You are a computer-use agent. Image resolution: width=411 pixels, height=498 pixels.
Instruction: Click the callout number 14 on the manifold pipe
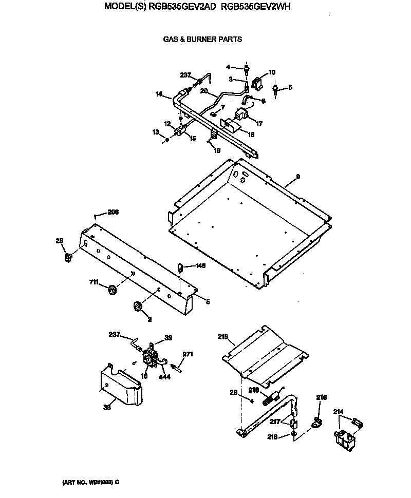[159, 94]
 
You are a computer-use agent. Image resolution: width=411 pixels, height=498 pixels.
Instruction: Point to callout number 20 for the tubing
[203, 91]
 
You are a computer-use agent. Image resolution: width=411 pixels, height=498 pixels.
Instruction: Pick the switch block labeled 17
[240, 116]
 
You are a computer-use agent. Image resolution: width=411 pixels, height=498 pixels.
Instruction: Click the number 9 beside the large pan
[297, 176]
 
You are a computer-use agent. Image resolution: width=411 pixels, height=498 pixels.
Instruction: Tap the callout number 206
[113, 212]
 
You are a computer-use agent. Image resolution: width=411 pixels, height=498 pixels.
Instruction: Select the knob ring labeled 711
[112, 290]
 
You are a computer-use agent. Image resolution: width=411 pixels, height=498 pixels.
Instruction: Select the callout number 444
[164, 376]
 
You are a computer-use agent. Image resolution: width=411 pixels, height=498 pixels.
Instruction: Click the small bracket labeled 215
[317, 423]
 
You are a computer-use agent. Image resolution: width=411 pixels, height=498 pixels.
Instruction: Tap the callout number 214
[338, 411]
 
